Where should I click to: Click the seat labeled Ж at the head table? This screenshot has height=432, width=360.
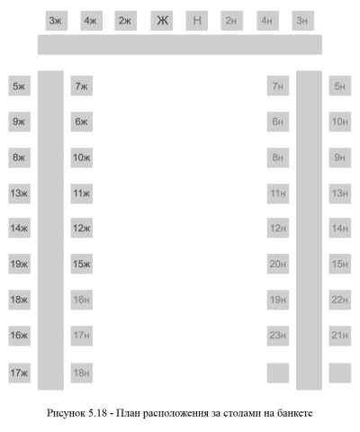tap(162, 21)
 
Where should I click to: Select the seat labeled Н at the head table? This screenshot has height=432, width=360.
tap(197, 21)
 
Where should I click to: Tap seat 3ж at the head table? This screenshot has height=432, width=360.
tap(57, 21)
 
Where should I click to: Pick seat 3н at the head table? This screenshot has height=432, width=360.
tap(303, 21)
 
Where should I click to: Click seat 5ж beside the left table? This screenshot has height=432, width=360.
tap(20, 85)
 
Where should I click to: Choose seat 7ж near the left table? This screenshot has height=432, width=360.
tap(82, 85)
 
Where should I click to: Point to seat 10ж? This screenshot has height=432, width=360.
tap(82, 157)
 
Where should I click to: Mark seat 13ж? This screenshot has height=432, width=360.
tap(20, 193)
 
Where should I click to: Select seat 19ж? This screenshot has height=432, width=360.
tap(20, 264)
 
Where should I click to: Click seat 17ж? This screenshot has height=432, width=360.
tap(20, 373)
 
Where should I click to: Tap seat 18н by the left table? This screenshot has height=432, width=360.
tap(82, 373)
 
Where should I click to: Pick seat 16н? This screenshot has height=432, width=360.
tap(82, 300)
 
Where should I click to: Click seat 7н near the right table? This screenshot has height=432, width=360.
tap(278, 85)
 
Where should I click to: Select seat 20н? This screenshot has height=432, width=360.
tap(278, 264)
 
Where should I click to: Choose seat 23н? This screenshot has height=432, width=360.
tap(278, 336)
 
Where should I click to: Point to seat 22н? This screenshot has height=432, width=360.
tap(340, 300)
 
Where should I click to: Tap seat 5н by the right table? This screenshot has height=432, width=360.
tap(340, 85)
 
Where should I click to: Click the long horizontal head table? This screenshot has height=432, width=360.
tap(180, 45)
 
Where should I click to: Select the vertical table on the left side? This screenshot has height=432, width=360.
tap(50, 230)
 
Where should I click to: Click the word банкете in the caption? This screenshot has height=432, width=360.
tap(294, 413)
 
